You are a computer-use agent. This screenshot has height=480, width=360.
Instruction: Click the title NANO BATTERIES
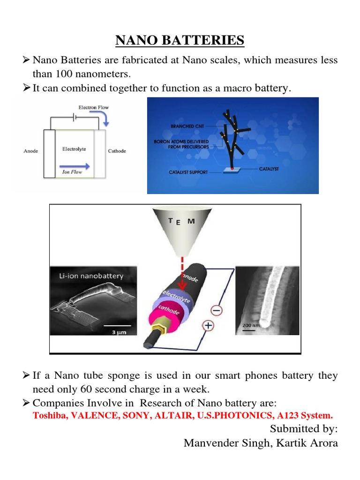click(x=180, y=41)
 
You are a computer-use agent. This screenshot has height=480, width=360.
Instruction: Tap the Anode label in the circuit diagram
click(x=30, y=151)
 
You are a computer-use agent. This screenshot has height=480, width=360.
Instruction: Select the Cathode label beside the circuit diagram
click(x=117, y=151)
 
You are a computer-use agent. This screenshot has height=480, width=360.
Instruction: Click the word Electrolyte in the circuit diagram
click(x=75, y=149)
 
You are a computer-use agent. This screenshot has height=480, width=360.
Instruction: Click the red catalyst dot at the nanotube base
click(x=232, y=167)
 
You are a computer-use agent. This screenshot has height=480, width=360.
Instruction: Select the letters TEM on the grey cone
click(x=180, y=222)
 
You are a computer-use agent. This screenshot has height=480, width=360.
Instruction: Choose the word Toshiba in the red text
click(x=48, y=415)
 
